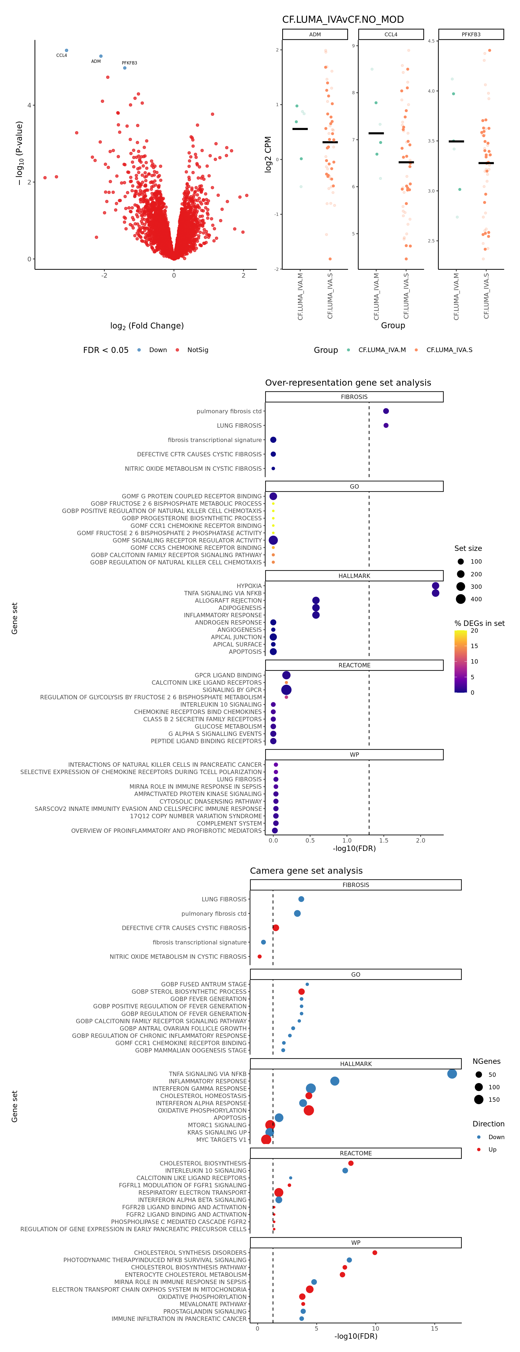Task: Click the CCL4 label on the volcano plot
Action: [x=61, y=55]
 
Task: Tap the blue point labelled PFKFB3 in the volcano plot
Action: [x=124, y=68]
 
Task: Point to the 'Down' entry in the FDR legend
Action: [x=157, y=350]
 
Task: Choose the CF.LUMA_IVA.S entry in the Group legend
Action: [x=449, y=350]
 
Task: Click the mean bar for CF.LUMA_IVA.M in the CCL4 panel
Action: [x=376, y=133]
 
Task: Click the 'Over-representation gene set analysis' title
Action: [x=348, y=383]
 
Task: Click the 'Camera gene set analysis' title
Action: [x=306, y=871]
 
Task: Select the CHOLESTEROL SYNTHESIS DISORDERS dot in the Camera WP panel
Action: [x=375, y=1253]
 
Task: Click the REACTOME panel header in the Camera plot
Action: [x=356, y=1153]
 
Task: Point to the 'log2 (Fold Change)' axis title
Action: [x=147, y=326]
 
